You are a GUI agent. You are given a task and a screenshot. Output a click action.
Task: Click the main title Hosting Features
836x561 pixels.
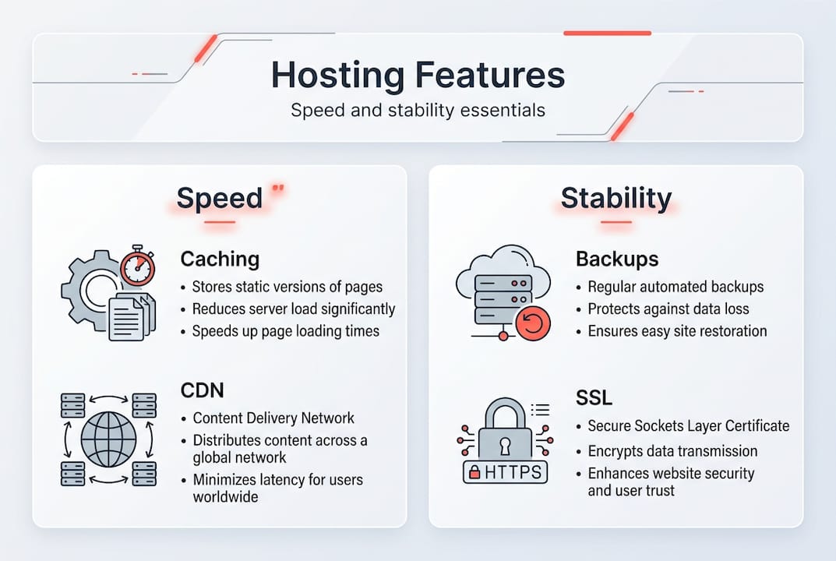(x=418, y=75)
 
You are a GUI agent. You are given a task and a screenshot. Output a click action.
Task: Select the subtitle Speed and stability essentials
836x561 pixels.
(x=418, y=110)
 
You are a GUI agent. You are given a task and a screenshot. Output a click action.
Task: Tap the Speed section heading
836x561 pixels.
(x=220, y=198)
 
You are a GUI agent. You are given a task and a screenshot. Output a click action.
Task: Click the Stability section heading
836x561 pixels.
(x=616, y=198)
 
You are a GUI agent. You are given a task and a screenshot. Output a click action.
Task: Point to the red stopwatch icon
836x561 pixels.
(x=137, y=266)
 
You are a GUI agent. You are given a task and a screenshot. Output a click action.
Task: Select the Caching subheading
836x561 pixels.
(x=220, y=259)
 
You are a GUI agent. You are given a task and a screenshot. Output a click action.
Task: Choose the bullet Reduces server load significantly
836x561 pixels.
(x=295, y=309)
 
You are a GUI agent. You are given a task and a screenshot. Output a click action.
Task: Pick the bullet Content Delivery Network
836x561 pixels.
(x=274, y=418)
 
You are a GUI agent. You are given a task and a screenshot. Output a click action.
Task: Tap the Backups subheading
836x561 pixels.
(x=617, y=259)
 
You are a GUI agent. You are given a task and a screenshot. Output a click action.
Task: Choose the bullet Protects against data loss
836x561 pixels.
(x=668, y=309)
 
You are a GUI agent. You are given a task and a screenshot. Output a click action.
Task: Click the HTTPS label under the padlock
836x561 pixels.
(x=505, y=471)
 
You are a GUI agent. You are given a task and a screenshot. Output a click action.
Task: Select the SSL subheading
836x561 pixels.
(x=594, y=398)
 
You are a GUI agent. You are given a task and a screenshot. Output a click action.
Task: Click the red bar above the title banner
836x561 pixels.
(x=607, y=33)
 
